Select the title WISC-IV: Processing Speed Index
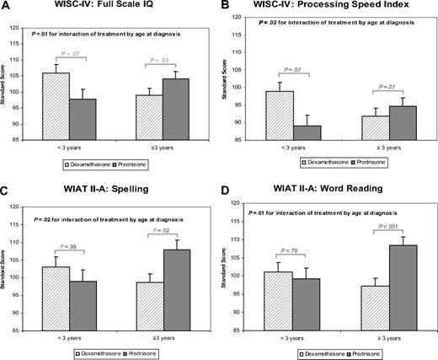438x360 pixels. (x=314, y=8)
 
